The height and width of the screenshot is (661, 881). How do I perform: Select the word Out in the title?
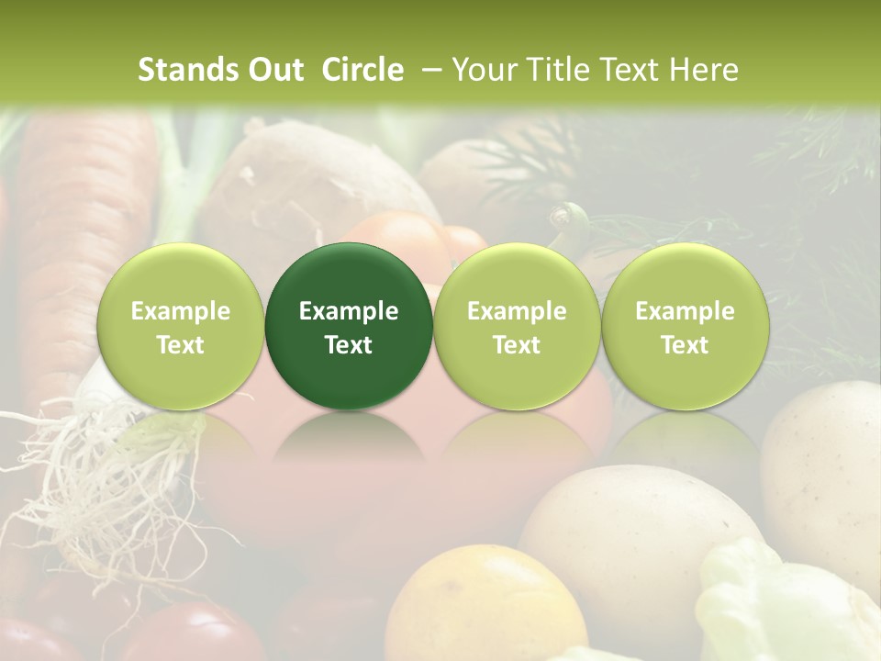pyautogui.click(x=275, y=70)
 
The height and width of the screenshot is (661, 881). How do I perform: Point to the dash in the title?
pyautogui.click(x=428, y=70)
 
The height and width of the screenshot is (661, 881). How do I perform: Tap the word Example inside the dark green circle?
pyautogui.click(x=349, y=311)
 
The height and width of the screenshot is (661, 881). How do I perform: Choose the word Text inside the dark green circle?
pyautogui.click(x=349, y=345)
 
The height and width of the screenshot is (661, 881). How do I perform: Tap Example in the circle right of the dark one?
pyautogui.click(x=517, y=311)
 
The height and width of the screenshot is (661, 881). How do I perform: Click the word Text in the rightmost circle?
pyautogui.click(x=685, y=345)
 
